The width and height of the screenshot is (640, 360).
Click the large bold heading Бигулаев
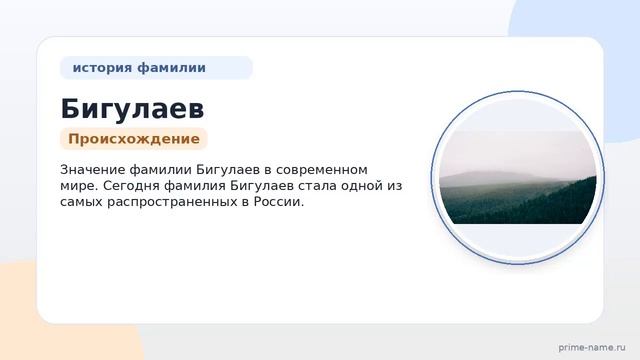click(x=132, y=109)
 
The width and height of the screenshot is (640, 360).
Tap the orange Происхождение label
click(x=134, y=139)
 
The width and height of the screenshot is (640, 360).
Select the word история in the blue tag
click(x=102, y=68)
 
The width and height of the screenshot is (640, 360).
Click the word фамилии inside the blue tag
click(x=171, y=68)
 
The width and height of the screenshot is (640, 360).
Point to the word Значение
click(x=93, y=169)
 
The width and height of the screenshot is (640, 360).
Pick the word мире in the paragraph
click(x=78, y=186)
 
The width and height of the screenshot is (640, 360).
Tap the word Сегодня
click(x=131, y=186)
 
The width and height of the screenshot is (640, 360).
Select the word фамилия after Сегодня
click(x=195, y=186)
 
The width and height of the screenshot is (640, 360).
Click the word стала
click(x=317, y=186)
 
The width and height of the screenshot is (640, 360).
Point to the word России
click(x=278, y=202)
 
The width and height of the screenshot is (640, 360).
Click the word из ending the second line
click(x=394, y=186)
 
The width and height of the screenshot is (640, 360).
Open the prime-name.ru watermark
click(x=592, y=348)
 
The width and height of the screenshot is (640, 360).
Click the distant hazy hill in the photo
click(x=490, y=178)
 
